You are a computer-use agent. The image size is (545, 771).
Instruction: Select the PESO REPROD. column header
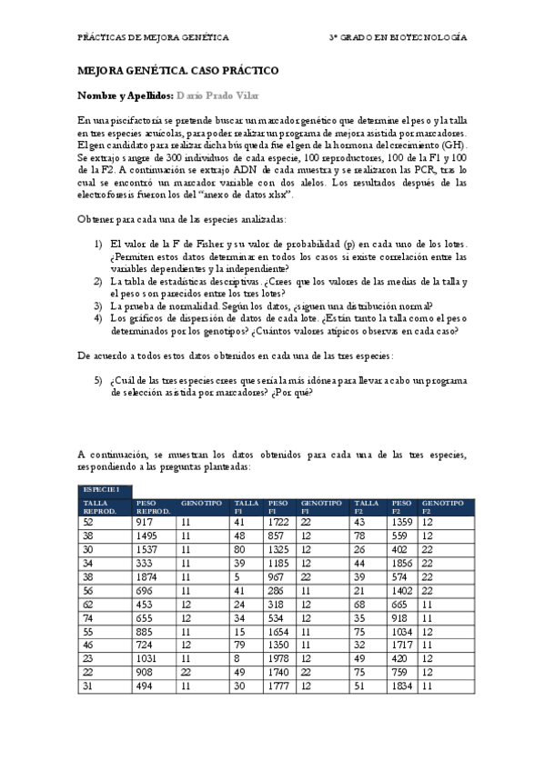[x=153, y=506]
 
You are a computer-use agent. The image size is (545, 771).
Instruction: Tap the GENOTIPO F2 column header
[x=442, y=506]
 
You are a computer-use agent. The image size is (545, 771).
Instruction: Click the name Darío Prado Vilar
[x=217, y=95]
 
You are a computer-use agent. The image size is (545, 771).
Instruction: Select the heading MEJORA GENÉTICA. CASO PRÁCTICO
[x=178, y=70]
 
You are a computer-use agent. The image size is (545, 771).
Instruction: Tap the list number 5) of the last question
[x=99, y=378]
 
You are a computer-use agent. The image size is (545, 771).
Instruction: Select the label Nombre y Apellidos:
[x=125, y=95]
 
